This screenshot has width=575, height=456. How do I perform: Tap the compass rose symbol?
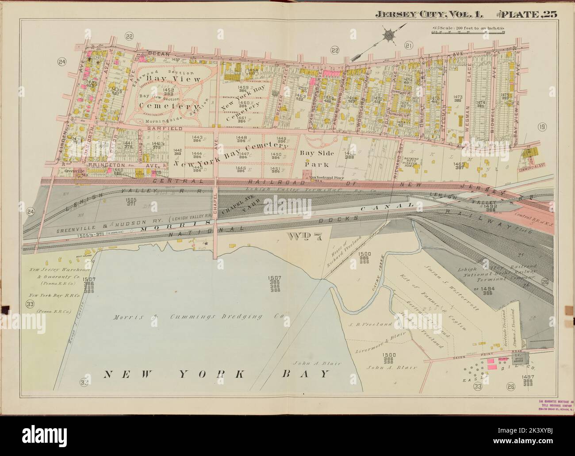pos(390,34)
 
